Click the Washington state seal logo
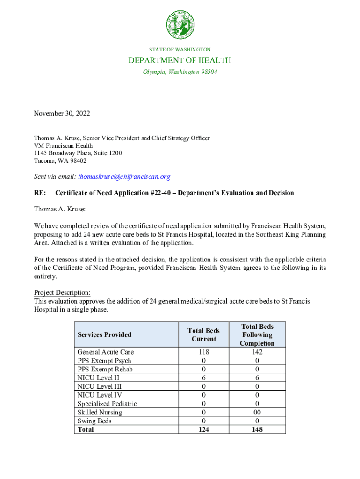180,25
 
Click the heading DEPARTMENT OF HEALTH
180,60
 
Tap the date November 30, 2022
62,113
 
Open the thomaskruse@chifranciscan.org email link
124,176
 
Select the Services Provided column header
105,334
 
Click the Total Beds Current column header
204,334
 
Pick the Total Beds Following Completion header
257,334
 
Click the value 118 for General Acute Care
204,352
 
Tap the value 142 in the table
257,352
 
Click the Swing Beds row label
95,421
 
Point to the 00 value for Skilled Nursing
257,412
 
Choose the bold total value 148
257,429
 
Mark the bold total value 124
204,429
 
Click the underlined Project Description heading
62,293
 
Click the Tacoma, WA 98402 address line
60,160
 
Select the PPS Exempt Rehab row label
105,369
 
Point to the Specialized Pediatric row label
107,404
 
